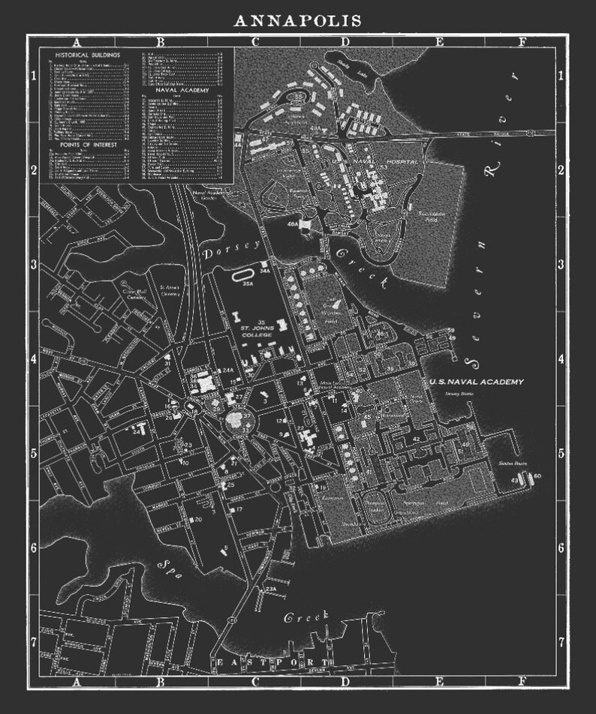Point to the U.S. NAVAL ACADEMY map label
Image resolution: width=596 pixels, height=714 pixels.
pyautogui.click(x=476, y=382)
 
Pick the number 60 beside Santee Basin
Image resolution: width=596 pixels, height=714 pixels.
pyautogui.click(x=537, y=475)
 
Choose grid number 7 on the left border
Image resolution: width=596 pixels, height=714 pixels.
pyautogui.click(x=33, y=642)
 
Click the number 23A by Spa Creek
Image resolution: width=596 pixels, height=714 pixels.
pyautogui.click(x=271, y=589)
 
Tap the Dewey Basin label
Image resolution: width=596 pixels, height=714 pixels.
pyautogui.click(x=456, y=391)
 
